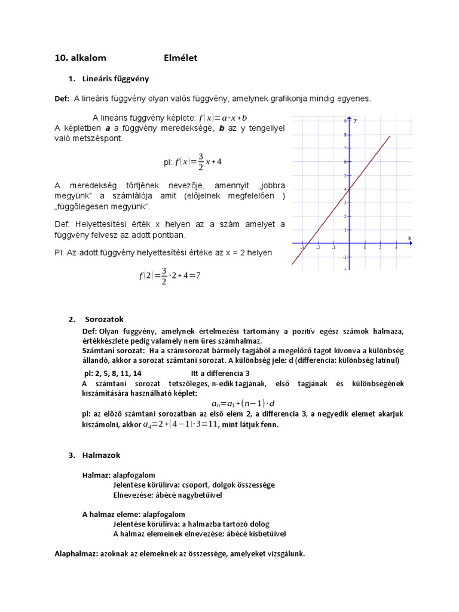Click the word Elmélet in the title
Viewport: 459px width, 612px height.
coord(180,58)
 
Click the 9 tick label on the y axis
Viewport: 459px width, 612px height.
coord(345,121)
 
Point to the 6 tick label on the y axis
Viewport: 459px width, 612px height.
coord(345,162)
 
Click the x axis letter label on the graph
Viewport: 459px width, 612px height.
coord(410,237)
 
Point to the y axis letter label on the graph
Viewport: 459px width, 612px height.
coord(356,120)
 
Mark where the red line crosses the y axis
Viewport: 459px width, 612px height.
coord(349,189)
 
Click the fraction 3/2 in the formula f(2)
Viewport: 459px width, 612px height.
coord(164,276)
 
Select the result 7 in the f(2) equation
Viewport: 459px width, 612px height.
coord(198,276)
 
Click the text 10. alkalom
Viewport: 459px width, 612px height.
coord(80,58)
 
